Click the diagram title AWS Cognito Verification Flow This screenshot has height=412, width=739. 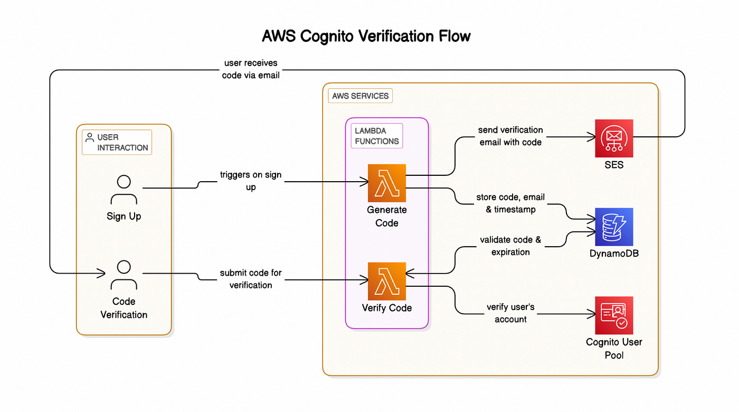tap(366, 36)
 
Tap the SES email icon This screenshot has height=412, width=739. tap(614, 138)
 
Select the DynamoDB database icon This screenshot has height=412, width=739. tap(614, 227)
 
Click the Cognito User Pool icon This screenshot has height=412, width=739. tap(614, 315)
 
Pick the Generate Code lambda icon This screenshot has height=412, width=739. tap(387, 183)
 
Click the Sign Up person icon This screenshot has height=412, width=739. tap(124, 191)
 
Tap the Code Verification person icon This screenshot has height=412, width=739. tap(124, 275)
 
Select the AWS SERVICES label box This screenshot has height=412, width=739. tap(361, 96)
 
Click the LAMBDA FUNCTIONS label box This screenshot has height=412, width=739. tap(376, 136)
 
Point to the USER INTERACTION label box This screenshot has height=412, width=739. tap(117, 142)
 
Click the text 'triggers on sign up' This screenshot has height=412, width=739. tap(251, 181)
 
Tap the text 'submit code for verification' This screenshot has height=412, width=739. tap(251, 279)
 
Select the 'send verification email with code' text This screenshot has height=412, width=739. tap(510, 136)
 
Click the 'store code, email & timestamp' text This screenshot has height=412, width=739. tap(510, 203)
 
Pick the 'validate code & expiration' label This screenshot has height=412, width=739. tap(510, 246)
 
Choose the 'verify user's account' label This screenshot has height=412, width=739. tap(510, 313)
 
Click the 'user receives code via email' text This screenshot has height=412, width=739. tap(251, 69)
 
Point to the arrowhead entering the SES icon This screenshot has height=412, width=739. tap(592, 137)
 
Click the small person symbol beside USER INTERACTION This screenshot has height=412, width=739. tap(90, 137)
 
